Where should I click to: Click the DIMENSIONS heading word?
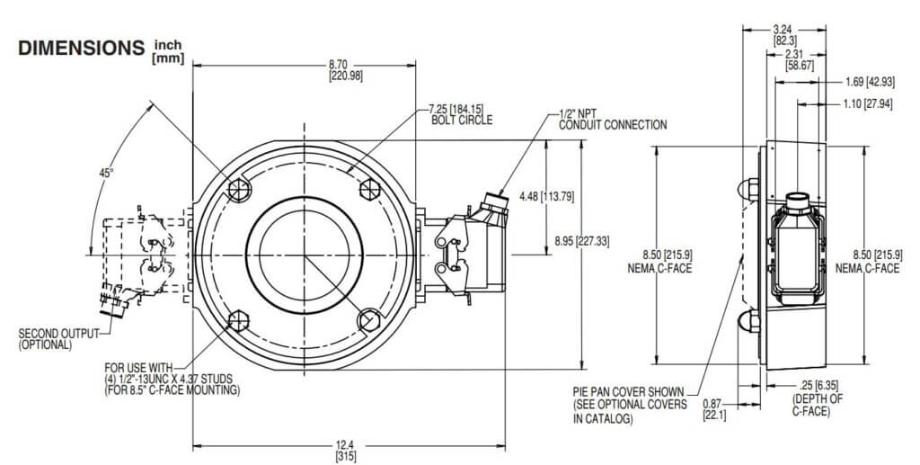coord(80,49)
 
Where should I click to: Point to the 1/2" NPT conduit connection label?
coord(612,119)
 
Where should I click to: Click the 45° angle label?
coord(106,172)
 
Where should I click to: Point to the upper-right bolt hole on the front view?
coord(369,188)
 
